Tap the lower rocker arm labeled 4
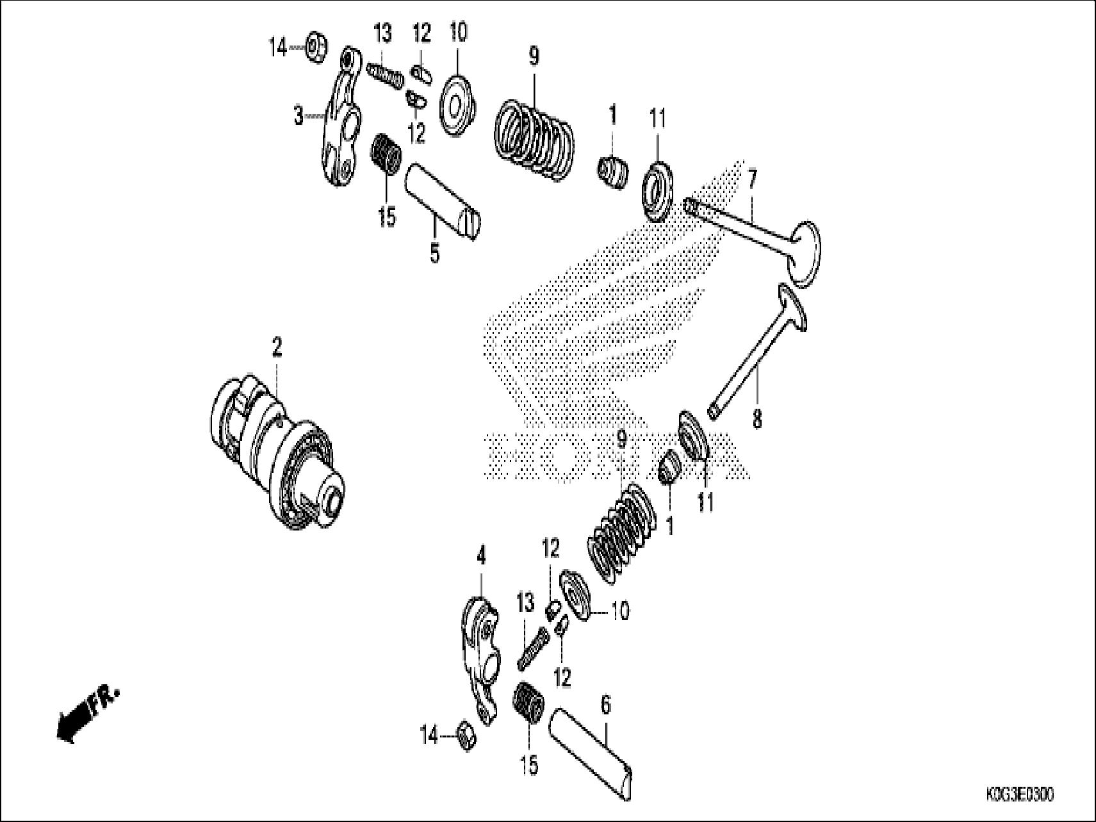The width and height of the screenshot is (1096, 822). (480, 660)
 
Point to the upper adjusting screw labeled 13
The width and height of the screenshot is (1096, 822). (386, 74)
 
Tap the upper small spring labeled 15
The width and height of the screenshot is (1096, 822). (386, 160)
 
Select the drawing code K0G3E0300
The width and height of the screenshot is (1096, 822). (1018, 795)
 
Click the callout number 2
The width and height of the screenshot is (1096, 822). (276, 349)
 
